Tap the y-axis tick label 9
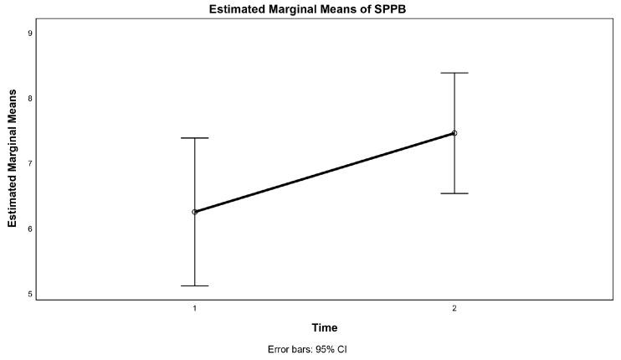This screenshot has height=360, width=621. pyautogui.click(x=29, y=33)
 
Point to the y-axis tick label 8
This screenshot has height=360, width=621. pyautogui.click(x=29, y=98)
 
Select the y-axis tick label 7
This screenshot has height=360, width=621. pyautogui.click(x=29, y=163)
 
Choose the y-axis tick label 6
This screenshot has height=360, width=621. pyautogui.click(x=29, y=229)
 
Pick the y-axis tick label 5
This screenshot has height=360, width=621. pyautogui.click(x=29, y=294)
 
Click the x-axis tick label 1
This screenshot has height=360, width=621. pyautogui.click(x=195, y=309)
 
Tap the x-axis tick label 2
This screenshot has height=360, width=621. pyautogui.click(x=454, y=309)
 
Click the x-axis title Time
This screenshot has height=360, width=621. pyautogui.click(x=325, y=327)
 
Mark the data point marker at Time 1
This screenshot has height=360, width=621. pyautogui.click(x=195, y=212)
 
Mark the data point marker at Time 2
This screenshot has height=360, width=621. pyautogui.click(x=454, y=133)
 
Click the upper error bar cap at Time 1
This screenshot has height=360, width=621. pyautogui.click(x=195, y=138)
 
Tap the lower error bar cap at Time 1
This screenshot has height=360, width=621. pyautogui.click(x=195, y=285)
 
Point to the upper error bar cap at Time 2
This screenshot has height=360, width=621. pyautogui.click(x=454, y=73)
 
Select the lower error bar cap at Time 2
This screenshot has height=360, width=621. pyautogui.click(x=454, y=193)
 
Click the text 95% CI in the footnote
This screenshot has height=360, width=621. pyautogui.click(x=331, y=349)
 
